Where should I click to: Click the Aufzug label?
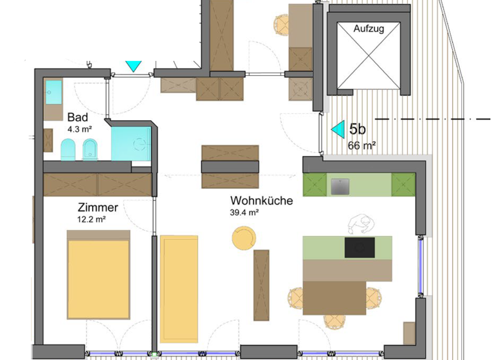(x=368, y=30)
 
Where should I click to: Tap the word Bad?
(x=77, y=118)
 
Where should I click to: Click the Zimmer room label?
(x=97, y=208)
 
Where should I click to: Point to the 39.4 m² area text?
(x=244, y=213)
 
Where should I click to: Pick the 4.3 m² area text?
(x=80, y=129)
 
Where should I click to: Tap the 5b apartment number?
(x=358, y=129)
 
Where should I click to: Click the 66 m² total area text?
(x=362, y=145)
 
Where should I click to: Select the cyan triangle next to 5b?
(x=338, y=129)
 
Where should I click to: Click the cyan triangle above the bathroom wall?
(x=133, y=66)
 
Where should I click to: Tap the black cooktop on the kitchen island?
(x=360, y=248)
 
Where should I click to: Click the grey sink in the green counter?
(x=340, y=186)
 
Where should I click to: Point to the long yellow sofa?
(x=178, y=289)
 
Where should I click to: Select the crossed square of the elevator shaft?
(x=368, y=61)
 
